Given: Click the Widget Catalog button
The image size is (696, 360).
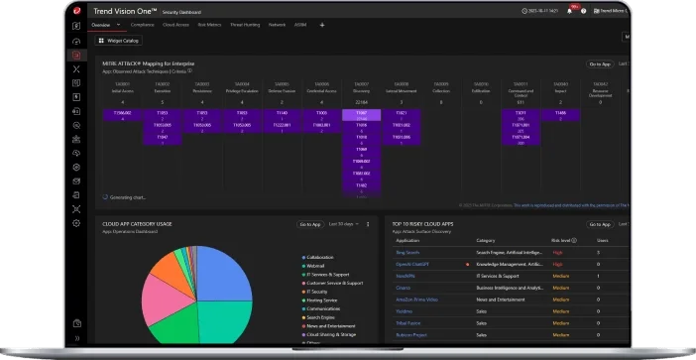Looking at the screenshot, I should [x=118, y=42].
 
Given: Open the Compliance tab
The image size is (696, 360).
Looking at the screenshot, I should [x=142, y=24].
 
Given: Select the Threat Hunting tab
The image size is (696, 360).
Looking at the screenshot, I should [x=244, y=24].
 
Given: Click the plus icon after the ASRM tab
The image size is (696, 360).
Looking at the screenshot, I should [x=321, y=24].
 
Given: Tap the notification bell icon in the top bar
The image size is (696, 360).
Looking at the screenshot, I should [x=570, y=11].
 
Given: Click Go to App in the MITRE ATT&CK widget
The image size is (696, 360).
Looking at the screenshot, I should [x=599, y=63].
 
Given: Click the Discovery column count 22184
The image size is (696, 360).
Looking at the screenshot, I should [x=361, y=102].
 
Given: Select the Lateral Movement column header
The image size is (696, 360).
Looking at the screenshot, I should [x=401, y=84].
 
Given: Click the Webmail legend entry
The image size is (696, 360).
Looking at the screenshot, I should [x=318, y=265].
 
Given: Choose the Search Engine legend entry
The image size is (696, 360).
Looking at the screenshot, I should [x=323, y=317].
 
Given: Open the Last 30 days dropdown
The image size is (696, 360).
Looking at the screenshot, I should [x=343, y=224].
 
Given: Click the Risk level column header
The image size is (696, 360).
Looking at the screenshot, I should [x=563, y=240].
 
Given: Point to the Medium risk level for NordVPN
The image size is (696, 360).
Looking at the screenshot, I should [x=559, y=276].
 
